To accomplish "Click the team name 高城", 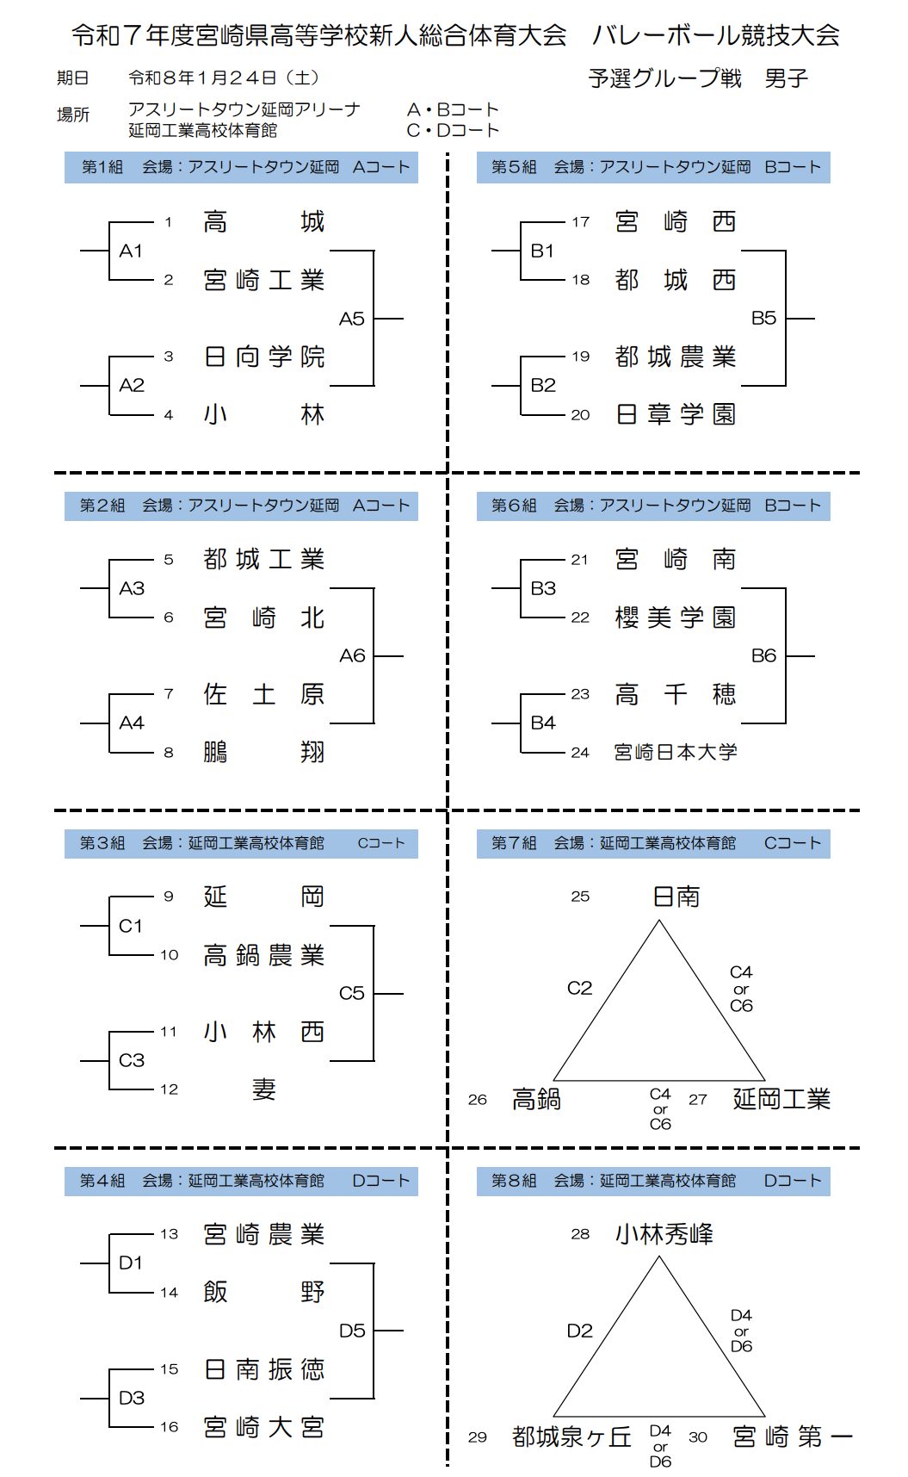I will (263, 222).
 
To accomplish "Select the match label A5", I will (351, 319).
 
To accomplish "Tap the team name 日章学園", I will (676, 415).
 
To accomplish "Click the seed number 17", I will (581, 222).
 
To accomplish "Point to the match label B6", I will (763, 656).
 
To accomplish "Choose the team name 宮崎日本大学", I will (676, 753).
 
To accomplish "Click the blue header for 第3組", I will (241, 843).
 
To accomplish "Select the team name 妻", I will (263, 1090).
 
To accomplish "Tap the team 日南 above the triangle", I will (676, 897).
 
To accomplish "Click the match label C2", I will (579, 988).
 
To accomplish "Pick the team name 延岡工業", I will (781, 1099).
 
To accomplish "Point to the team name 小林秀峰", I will (664, 1235).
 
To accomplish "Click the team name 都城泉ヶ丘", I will (571, 1437).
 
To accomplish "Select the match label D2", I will (579, 1331).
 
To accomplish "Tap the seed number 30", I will (698, 1437).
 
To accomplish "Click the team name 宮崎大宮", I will (263, 1428).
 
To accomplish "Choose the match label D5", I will (351, 1331).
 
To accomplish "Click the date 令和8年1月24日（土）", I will (225, 78).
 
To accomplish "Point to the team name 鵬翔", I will (263, 753).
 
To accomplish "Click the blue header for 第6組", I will (653, 506).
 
